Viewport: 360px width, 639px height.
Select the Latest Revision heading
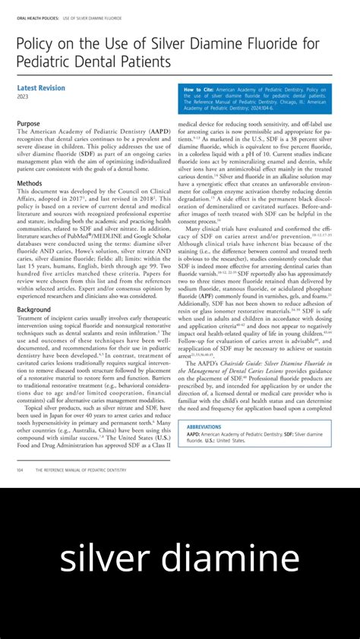click(41, 88)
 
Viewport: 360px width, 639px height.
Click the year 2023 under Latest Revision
click(24, 97)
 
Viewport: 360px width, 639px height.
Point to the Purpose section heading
click(28, 123)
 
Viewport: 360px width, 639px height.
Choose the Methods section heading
click(30, 184)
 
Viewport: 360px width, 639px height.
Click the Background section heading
click(34, 310)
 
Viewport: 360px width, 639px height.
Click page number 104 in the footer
click(20, 471)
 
